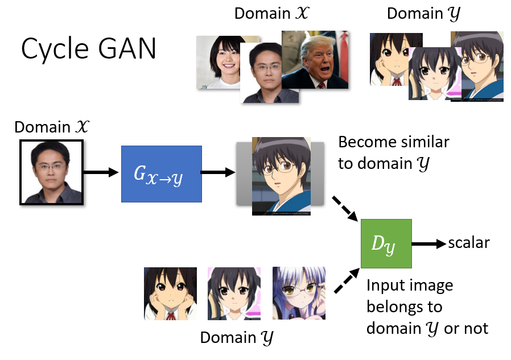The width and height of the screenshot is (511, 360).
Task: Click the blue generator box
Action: click(161, 174)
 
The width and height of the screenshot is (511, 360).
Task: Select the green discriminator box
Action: click(386, 243)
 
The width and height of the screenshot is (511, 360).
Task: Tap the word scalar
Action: click(469, 243)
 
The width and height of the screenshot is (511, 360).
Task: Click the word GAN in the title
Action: click(127, 49)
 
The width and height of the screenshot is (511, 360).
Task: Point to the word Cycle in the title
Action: click(55, 49)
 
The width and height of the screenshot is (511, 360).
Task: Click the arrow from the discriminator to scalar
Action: click(429, 243)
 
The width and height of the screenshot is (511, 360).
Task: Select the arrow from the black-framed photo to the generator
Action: click(101, 172)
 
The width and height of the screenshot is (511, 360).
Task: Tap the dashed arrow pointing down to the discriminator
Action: click(345, 209)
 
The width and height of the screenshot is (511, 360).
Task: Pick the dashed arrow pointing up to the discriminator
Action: click(347, 280)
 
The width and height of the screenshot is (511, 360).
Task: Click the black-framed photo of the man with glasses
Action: click(51, 172)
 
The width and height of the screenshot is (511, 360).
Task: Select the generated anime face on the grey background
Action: click(281, 176)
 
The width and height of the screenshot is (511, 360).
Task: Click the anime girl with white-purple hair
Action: click(299, 293)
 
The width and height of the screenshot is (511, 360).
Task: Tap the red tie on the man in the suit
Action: click(322, 85)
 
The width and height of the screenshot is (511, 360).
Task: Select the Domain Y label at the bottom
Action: click(237, 337)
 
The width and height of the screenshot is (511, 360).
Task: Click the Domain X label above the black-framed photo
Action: click(52, 127)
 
